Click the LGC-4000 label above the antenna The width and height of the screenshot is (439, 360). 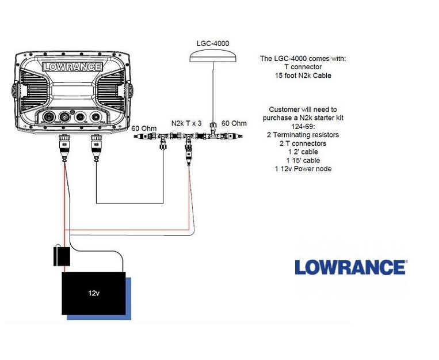click(213, 43)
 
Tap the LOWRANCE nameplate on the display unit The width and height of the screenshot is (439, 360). click(72, 67)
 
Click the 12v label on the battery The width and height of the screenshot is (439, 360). click(94, 293)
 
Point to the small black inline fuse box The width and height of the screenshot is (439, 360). click(62, 256)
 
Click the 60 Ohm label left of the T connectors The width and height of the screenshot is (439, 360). click(144, 128)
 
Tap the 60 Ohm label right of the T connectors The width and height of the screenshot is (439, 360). click(234, 123)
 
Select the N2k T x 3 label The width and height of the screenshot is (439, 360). click(186, 123)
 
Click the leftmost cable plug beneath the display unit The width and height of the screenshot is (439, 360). click(64, 148)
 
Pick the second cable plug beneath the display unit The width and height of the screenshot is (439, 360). click(96, 148)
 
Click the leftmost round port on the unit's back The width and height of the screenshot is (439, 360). click(49, 116)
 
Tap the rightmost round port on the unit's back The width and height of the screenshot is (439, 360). click(96, 116)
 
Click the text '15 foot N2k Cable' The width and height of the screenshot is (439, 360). click(303, 75)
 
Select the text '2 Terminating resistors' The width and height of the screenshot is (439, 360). click(303, 135)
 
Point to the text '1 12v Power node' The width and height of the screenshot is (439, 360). click(303, 169)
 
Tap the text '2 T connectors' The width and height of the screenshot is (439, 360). click(303, 143)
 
